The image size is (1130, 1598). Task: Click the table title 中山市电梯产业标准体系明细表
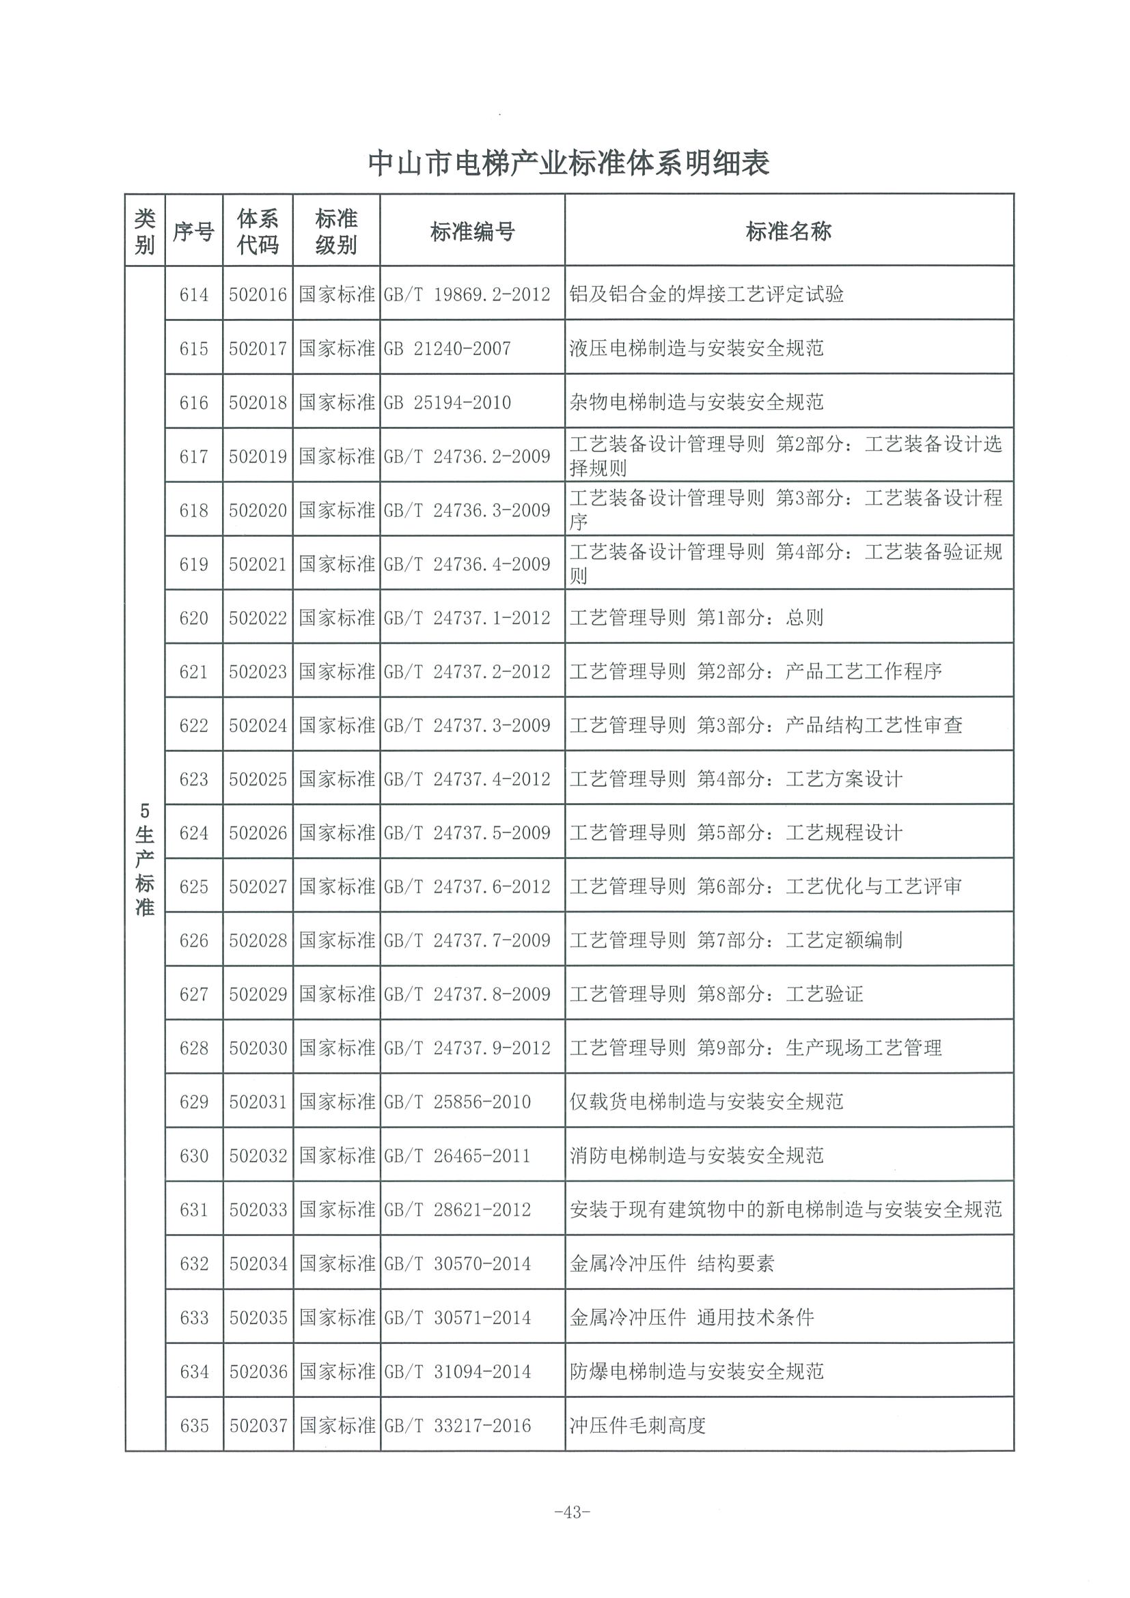point(568,165)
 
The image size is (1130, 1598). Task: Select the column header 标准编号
point(472,231)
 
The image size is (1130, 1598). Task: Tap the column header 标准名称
point(788,231)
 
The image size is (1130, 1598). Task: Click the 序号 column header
point(193,231)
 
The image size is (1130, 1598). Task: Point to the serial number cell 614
point(193,295)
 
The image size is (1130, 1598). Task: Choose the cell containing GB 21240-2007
point(447,349)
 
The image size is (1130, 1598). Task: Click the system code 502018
point(258,402)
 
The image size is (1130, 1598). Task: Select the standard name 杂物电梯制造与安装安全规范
point(696,402)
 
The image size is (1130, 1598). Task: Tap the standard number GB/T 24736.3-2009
point(467,510)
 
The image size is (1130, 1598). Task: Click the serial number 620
point(193,618)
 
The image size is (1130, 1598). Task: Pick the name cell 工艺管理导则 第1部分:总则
point(696,618)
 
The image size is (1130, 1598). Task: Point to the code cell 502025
point(258,779)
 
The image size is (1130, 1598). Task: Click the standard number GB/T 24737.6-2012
point(467,886)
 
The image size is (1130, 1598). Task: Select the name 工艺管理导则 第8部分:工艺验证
point(716,994)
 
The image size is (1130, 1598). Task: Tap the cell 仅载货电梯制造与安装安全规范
point(706,1102)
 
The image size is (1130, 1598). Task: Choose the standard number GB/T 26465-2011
point(457,1156)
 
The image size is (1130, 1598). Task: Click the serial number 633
point(193,1317)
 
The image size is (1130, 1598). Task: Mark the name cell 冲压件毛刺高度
point(637,1425)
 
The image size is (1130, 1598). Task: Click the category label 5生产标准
point(145,860)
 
